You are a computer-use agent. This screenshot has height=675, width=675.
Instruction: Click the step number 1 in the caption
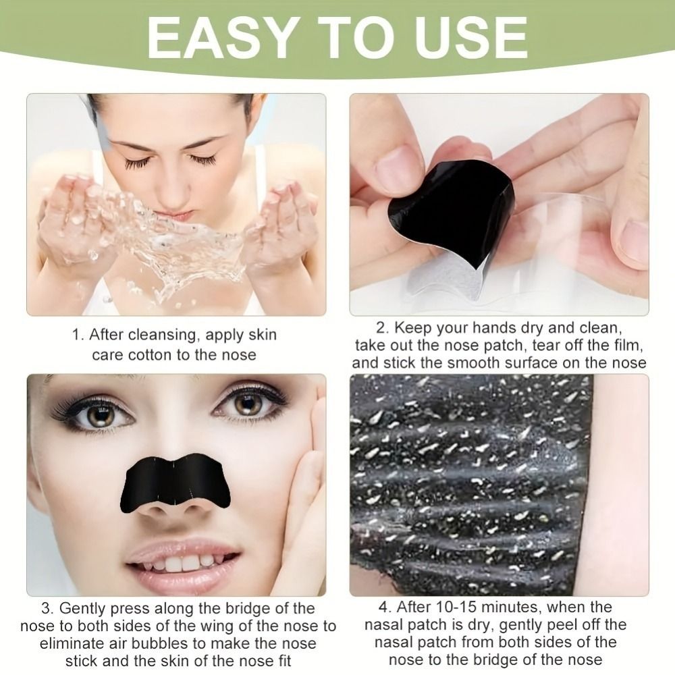coord(78,335)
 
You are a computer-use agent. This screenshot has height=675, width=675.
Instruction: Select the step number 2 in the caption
coord(381,329)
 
